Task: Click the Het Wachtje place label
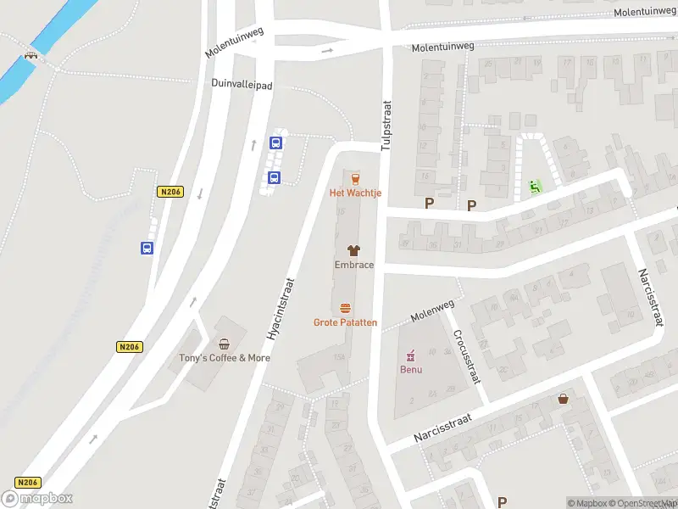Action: (x=355, y=193)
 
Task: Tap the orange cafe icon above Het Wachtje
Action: (x=354, y=178)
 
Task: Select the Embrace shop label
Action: (x=353, y=265)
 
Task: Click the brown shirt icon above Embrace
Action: (x=353, y=250)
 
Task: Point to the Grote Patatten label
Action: (x=345, y=322)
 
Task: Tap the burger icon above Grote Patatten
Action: (x=345, y=308)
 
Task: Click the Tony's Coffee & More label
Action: (x=225, y=358)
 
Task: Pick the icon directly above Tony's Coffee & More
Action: (x=225, y=344)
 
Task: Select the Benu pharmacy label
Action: (x=411, y=369)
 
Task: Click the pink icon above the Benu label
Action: (x=411, y=355)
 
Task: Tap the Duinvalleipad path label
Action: (x=242, y=84)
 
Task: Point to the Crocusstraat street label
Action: (x=467, y=356)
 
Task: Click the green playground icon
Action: (x=534, y=186)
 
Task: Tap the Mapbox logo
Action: (x=37, y=498)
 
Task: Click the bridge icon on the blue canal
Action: (x=31, y=56)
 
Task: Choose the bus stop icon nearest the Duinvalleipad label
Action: (x=275, y=143)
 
